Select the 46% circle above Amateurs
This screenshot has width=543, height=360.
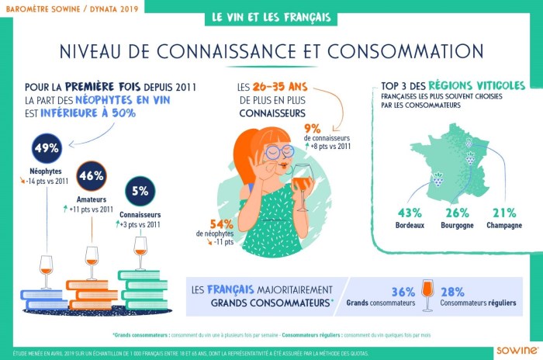coord(92,175)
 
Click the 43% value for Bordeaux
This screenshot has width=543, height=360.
coord(409,212)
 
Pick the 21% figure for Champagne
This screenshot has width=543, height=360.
coord(503,212)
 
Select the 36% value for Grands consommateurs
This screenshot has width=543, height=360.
coord(403,292)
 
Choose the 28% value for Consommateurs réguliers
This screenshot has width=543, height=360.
coord(452,292)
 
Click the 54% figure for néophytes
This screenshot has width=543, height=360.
coord(210,223)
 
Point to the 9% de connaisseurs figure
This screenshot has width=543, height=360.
coord(313,129)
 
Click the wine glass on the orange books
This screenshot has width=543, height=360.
coord(92,261)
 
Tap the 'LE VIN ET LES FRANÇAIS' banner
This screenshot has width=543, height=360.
coord(271,17)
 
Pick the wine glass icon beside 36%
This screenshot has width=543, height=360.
coord(427,295)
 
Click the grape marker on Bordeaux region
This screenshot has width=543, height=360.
coord(438,179)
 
